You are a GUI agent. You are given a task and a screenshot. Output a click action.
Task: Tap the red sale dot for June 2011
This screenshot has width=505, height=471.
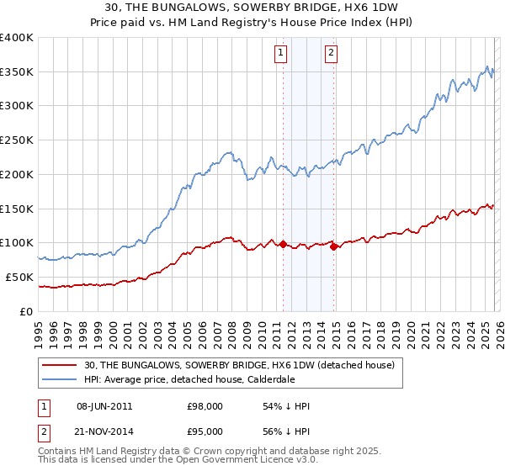pyautogui.click(x=283, y=245)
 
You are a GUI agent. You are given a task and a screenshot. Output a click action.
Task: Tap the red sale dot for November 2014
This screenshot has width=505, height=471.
pyautogui.click(x=334, y=246)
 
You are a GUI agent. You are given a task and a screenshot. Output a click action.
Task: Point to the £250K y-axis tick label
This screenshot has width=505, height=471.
pyautogui.click(x=16, y=140)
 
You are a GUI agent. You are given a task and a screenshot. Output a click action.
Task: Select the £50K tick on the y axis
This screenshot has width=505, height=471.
pyautogui.click(x=19, y=277)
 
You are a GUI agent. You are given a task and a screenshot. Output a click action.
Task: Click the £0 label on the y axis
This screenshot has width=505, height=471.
pyautogui.click(x=26, y=311)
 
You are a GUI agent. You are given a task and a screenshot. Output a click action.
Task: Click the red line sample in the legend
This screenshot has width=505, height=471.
pyautogui.click(x=60, y=365)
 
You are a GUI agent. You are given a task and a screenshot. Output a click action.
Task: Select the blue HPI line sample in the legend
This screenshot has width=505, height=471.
pyautogui.click(x=60, y=379)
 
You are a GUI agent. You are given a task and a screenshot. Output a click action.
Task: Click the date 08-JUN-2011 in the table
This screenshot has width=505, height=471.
pyautogui.click(x=104, y=406)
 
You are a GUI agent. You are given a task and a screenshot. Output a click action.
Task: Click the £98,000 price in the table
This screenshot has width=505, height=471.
pyautogui.click(x=205, y=406)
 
